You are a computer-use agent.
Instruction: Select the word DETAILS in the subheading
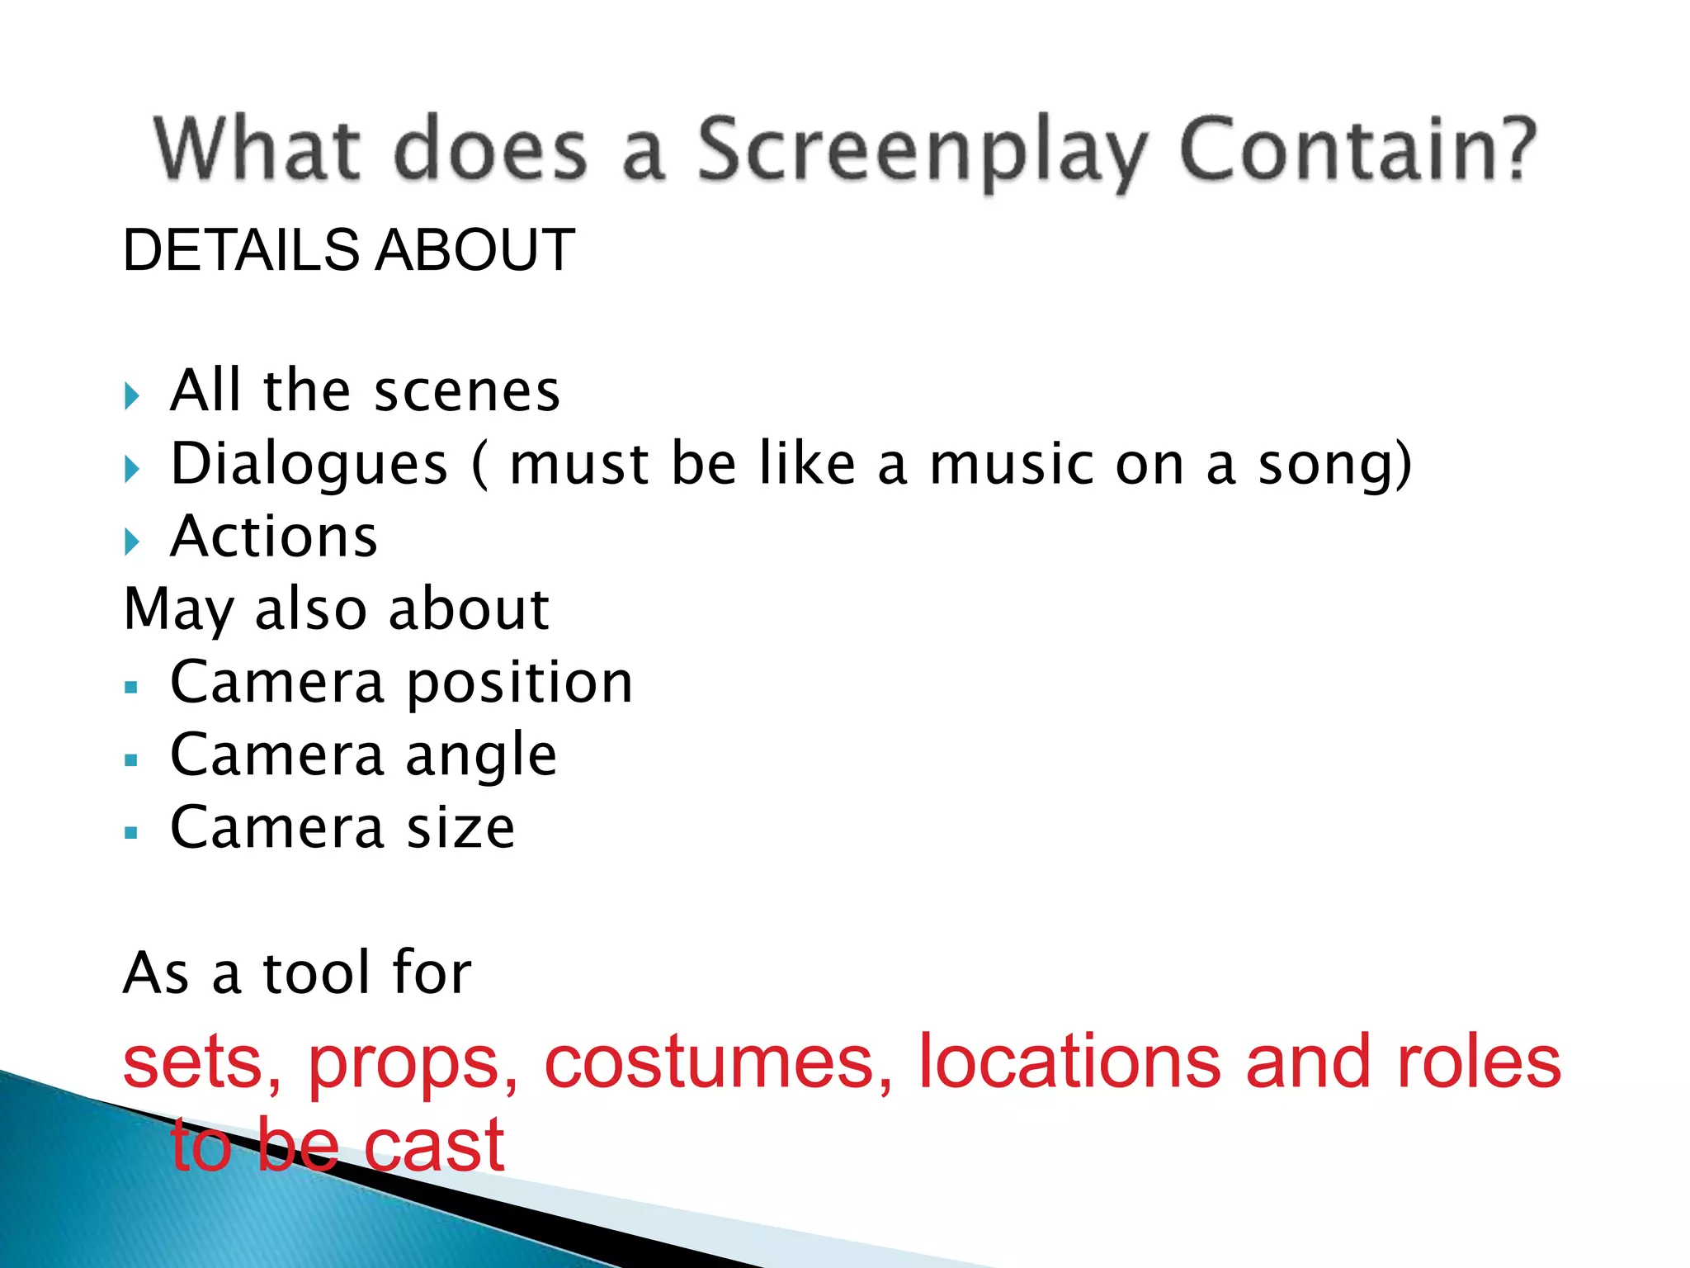tap(241, 249)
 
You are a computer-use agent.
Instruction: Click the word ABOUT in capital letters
tap(474, 249)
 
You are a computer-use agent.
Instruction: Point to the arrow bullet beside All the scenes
tap(132, 396)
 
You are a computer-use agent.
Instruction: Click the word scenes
tap(467, 391)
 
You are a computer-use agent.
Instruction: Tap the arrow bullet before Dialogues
tap(132, 469)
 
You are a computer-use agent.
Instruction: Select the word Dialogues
tap(309, 464)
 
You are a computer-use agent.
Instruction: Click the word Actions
tap(274, 537)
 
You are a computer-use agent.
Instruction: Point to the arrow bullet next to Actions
tap(132, 542)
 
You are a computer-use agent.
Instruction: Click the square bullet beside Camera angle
tap(131, 759)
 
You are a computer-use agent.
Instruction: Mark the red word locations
tap(1069, 1062)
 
